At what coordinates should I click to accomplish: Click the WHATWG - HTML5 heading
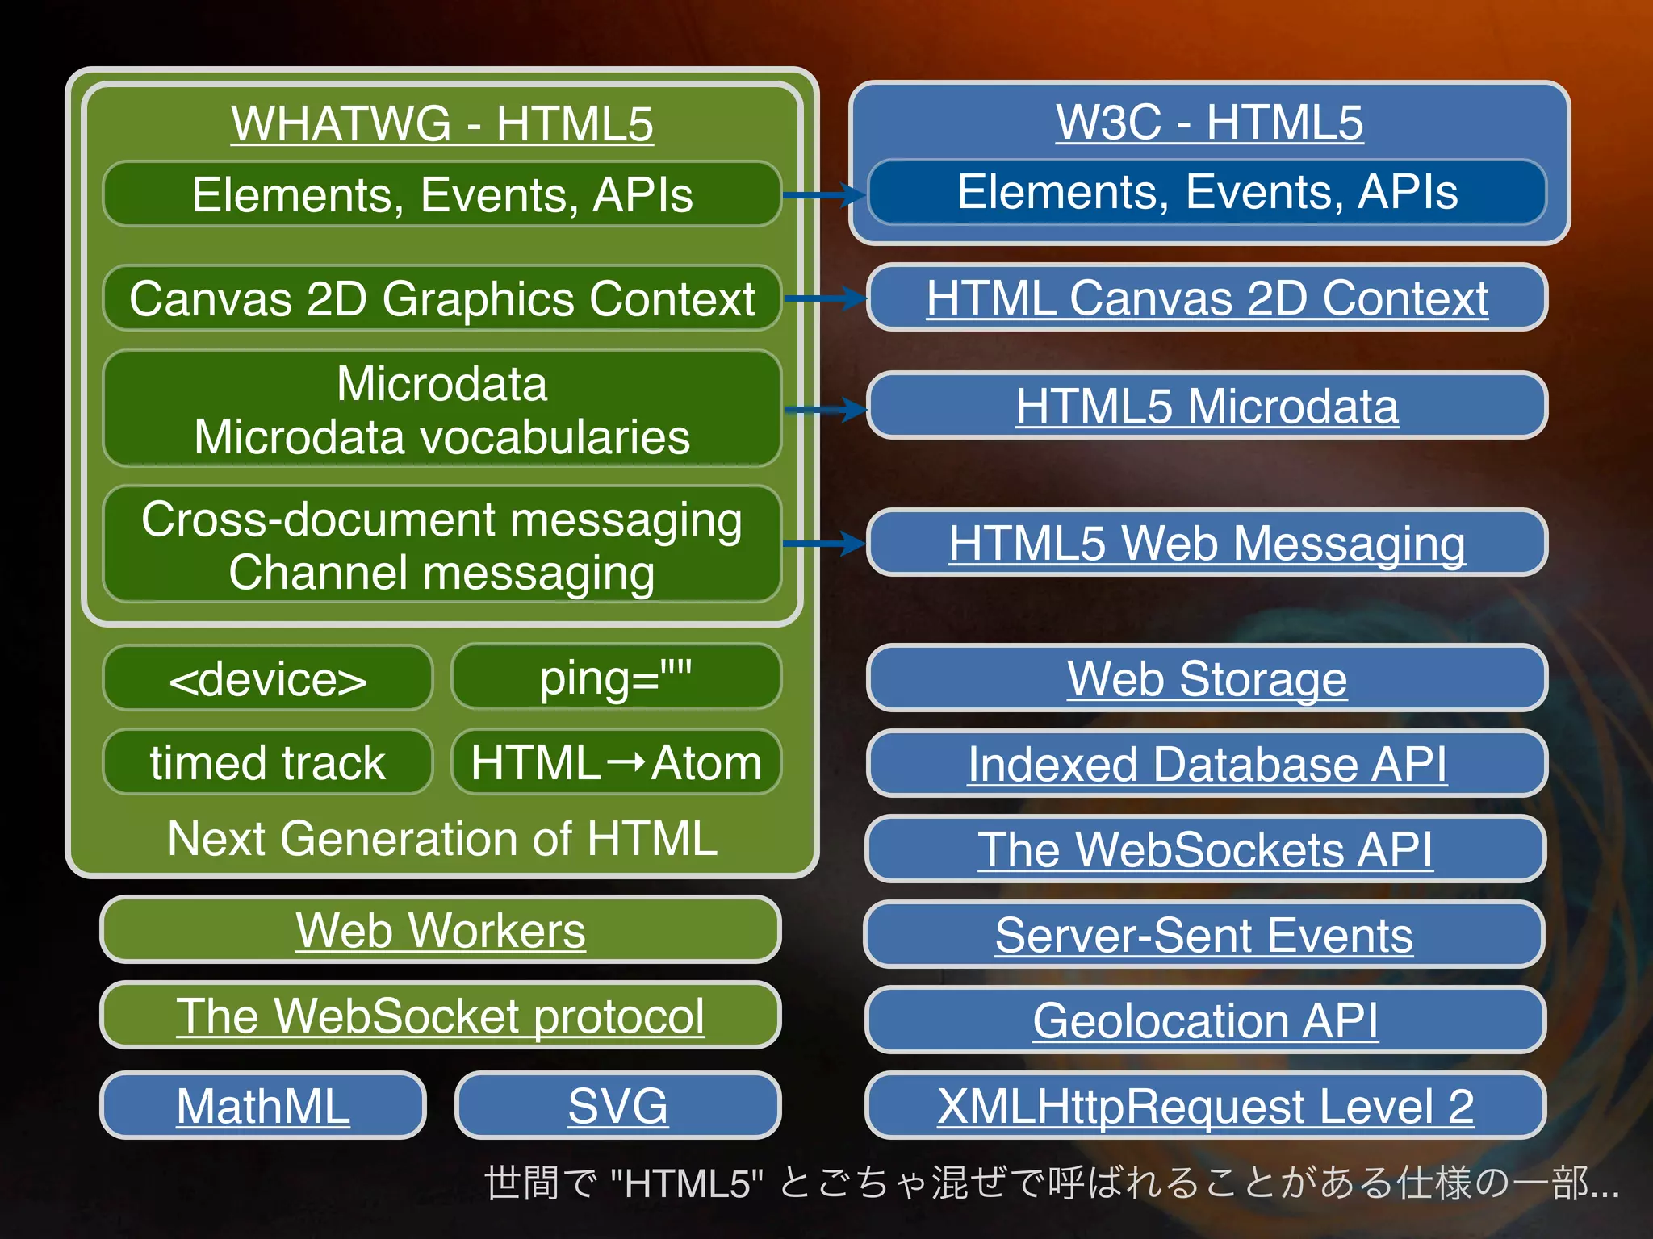click(442, 123)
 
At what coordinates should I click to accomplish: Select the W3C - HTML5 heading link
click(1209, 122)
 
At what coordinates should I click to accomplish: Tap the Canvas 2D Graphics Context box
click(442, 298)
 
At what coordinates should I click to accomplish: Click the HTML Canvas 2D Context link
click(1207, 298)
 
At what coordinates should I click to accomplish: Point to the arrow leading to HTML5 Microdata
click(824, 410)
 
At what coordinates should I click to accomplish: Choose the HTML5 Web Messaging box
click(1207, 543)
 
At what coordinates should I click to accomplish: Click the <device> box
click(268, 678)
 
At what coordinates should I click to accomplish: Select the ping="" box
click(616, 677)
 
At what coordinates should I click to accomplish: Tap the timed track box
click(268, 762)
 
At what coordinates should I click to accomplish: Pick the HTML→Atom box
click(616, 762)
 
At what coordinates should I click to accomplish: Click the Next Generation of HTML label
click(442, 838)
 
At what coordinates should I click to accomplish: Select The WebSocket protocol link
click(441, 1016)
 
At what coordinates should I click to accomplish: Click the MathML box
click(263, 1105)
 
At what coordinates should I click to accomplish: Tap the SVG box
click(618, 1105)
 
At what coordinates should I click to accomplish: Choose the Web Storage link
click(1207, 678)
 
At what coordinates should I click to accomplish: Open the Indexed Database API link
click(1207, 763)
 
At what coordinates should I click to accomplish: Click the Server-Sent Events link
click(1204, 935)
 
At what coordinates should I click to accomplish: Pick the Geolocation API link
click(1205, 1020)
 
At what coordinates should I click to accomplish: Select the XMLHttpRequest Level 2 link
click(1205, 1105)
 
